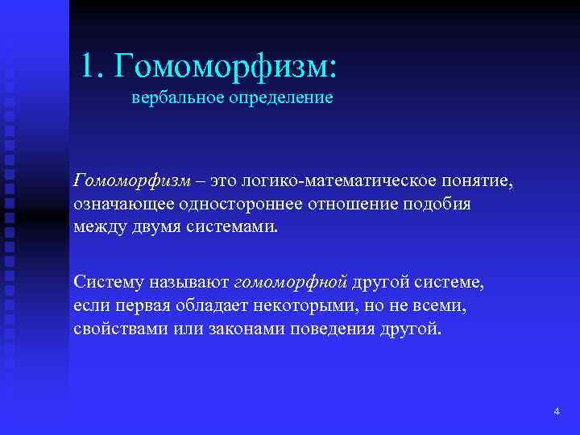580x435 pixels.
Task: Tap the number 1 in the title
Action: pyautogui.click(x=89, y=65)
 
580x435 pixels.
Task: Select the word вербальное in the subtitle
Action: pyautogui.click(x=169, y=99)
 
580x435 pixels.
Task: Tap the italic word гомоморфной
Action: pyautogui.click(x=290, y=283)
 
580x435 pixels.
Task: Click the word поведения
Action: pyautogui.click(x=325, y=329)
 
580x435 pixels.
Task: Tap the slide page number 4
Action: pyautogui.click(x=556, y=412)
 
